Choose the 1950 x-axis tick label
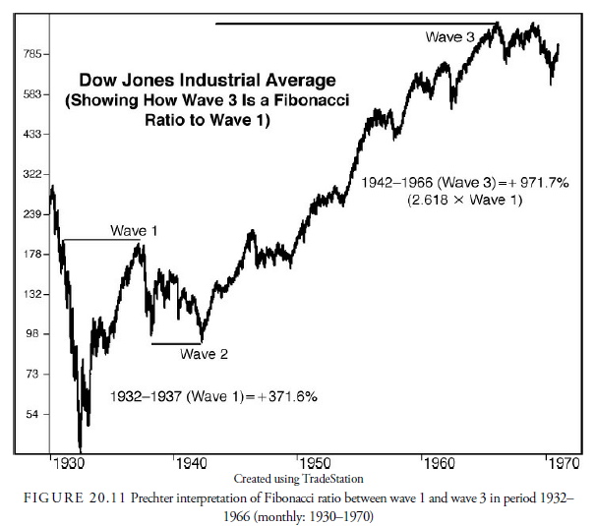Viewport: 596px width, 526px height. point(317,462)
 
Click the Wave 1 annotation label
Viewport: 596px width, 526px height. point(133,231)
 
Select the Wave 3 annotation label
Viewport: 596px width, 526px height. point(450,36)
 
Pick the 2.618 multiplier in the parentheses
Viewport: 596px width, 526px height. point(432,201)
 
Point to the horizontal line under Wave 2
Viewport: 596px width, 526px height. point(176,343)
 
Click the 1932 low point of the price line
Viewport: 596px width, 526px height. point(80,447)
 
